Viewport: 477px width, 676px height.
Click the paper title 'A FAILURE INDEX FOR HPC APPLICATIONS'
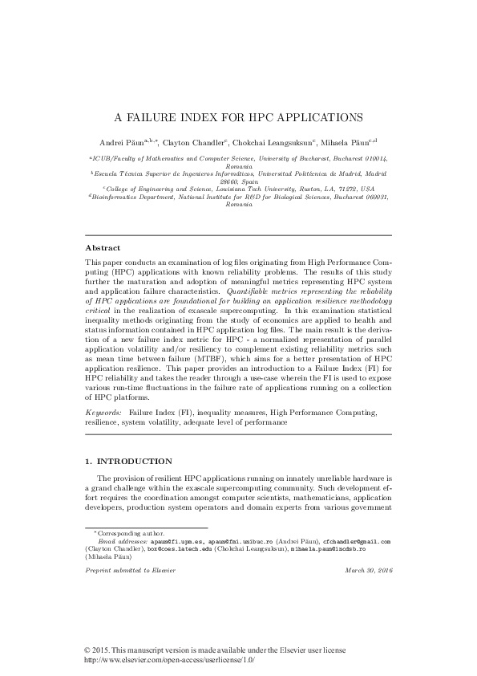(238, 117)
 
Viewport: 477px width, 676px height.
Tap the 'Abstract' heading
(103, 249)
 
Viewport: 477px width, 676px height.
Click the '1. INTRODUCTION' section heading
(127, 462)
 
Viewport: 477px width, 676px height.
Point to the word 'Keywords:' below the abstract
(103, 411)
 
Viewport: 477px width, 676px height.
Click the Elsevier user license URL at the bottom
(169, 660)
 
